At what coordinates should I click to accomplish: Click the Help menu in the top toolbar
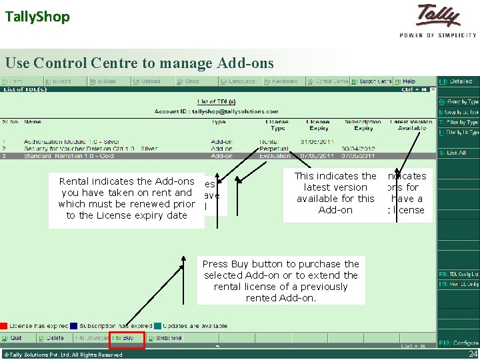coord(406,81)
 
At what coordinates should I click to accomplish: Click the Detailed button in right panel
coord(458,81)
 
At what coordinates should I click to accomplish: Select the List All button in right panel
coord(456,153)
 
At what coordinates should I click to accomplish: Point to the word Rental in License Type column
coord(270,142)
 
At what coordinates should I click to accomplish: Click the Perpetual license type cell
coord(273,149)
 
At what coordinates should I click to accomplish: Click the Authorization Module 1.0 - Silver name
coord(71,142)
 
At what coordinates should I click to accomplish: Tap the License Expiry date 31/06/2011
coord(317,142)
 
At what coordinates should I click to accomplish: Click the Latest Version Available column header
coord(411,125)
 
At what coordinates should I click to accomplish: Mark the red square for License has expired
coord(3,326)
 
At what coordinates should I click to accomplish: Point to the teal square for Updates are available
coord(157,326)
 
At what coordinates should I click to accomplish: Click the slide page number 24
coord(473,354)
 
